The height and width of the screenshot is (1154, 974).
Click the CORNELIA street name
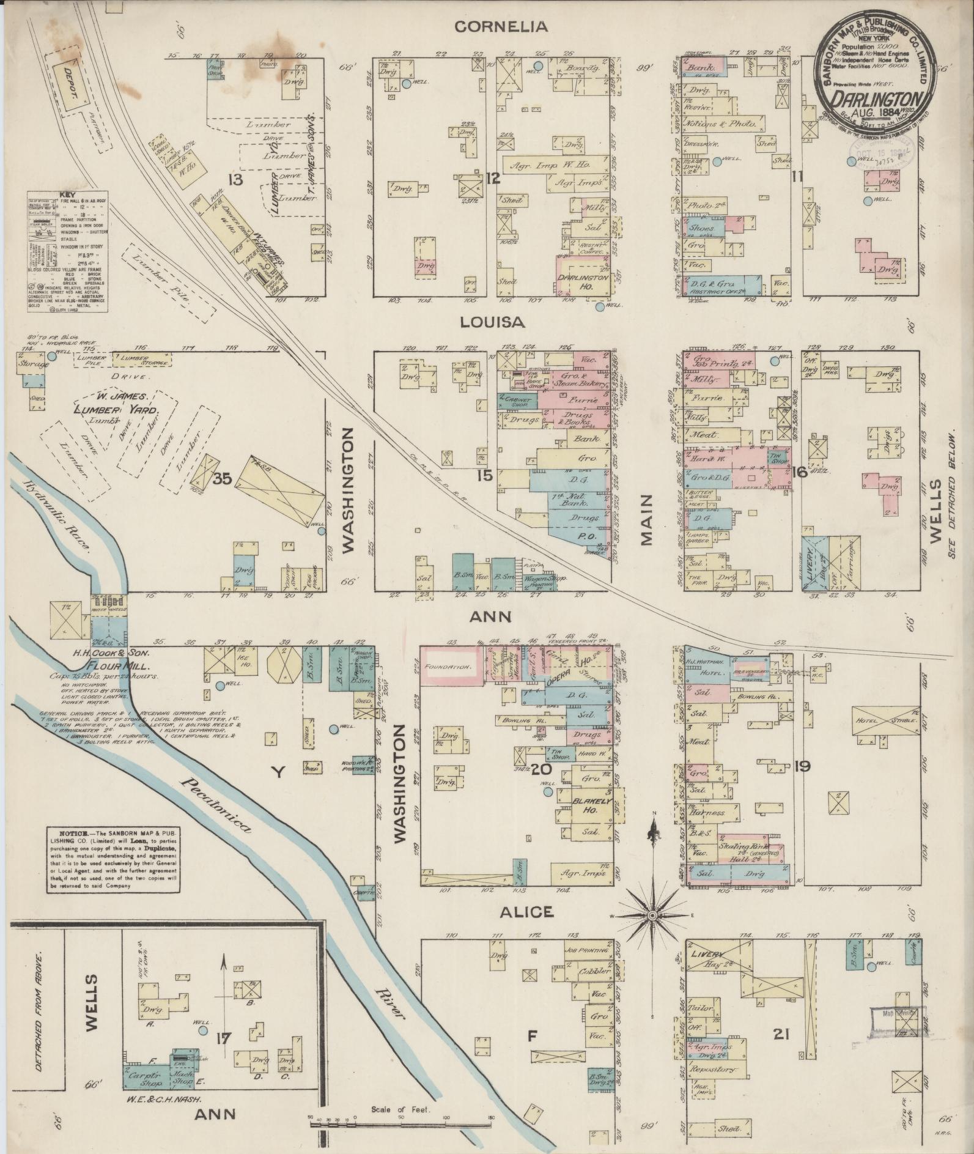click(x=500, y=26)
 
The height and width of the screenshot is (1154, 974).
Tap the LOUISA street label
click(x=500, y=322)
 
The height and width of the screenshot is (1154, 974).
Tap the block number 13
click(x=234, y=179)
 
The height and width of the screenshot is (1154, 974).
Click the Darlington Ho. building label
click(x=584, y=281)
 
